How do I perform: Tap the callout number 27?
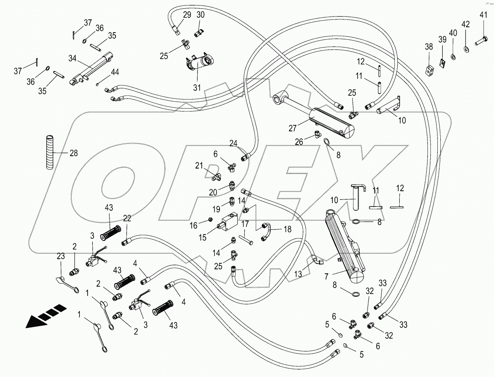pos(293,128)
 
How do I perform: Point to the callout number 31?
pos(196,88)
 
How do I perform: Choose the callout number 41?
pos(483,15)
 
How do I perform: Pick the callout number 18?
pos(287,230)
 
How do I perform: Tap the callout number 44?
pos(115,72)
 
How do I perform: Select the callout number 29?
pos(187,15)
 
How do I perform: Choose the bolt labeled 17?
pos(246,239)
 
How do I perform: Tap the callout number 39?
pos(442,39)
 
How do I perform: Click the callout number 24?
pos(234,144)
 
